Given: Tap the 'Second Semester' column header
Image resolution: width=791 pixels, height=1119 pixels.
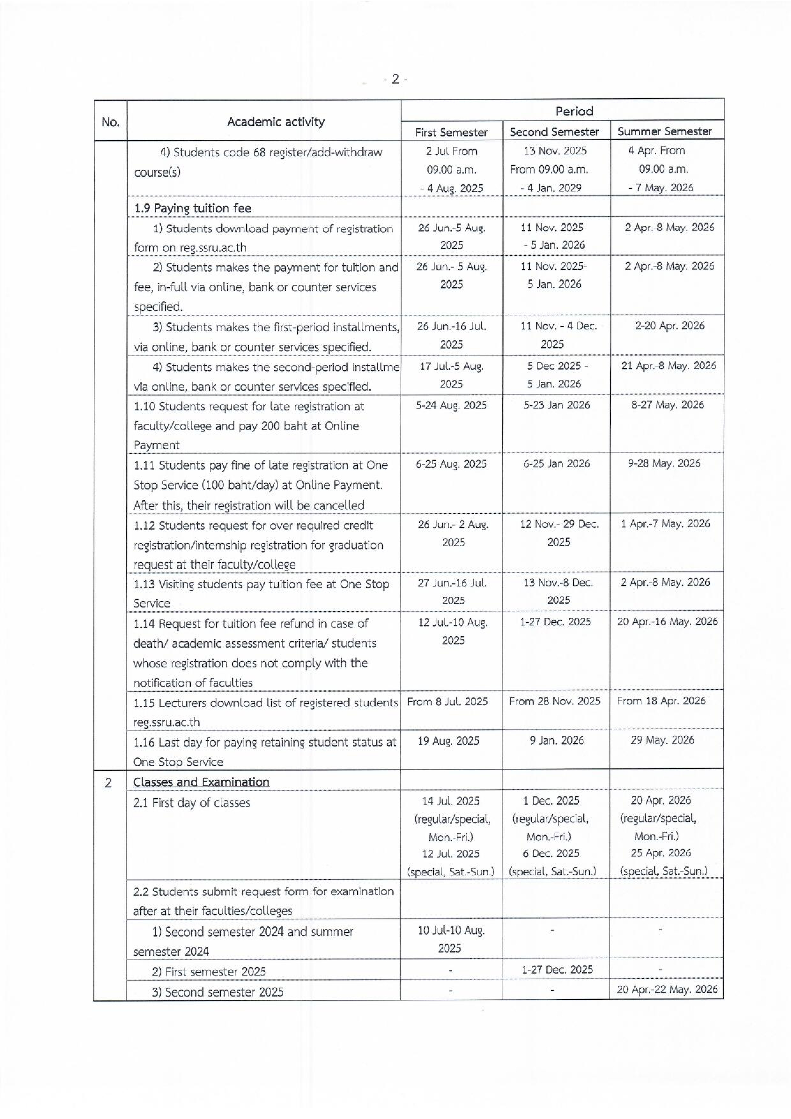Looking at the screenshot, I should tap(554, 132).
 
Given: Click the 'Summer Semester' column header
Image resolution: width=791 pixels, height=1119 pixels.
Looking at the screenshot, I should tap(664, 131).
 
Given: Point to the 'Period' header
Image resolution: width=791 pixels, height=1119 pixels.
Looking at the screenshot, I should tap(574, 111).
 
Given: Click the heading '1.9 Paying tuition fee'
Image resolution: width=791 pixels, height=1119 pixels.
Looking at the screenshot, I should tap(193, 208).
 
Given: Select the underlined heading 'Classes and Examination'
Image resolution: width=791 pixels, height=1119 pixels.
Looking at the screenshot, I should tap(201, 782).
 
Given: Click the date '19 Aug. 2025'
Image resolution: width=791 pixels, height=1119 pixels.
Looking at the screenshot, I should tap(448, 741).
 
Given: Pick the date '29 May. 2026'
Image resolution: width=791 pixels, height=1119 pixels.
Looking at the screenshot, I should tap(662, 740).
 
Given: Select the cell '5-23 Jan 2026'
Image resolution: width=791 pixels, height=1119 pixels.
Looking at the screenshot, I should tap(557, 405).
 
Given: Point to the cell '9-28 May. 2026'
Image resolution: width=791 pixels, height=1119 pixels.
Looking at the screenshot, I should tap(664, 463).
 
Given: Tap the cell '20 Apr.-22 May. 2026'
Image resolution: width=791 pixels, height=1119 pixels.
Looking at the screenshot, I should tap(667, 989).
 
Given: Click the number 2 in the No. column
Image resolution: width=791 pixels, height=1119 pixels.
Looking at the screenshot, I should tap(108, 783).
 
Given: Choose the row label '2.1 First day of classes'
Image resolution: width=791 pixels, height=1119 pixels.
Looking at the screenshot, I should tap(192, 803).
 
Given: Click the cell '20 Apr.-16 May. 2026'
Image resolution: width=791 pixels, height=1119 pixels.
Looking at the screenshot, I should tap(667, 622).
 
